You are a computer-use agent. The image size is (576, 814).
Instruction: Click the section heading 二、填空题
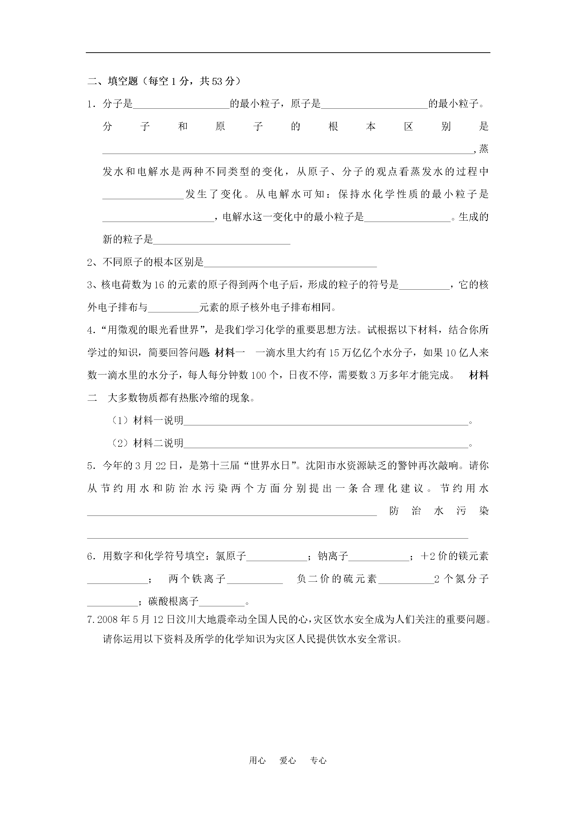[x=113, y=82]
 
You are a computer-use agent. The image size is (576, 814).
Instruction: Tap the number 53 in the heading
[x=217, y=82]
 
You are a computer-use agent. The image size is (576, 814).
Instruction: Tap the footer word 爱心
[x=287, y=770]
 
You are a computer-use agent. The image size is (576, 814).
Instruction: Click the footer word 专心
[x=318, y=770]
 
